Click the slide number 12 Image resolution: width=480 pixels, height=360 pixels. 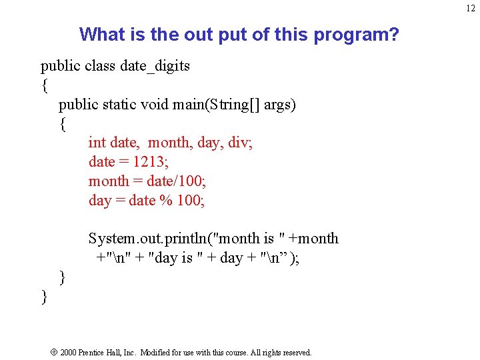coord(471,8)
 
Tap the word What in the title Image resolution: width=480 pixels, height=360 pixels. coord(100,34)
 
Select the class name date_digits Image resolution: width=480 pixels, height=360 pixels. coord(155,66)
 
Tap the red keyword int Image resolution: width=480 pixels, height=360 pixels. coord(97,143)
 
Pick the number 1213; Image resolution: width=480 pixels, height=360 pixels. coord(152,162)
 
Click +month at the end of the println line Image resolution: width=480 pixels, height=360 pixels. coord(314,239)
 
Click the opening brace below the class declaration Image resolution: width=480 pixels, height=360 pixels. coord(45,85)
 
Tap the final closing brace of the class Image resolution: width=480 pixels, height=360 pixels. coord(45,297)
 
